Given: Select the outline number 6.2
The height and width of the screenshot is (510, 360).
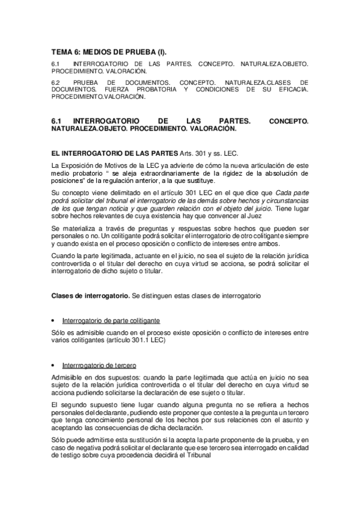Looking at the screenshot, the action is pyautogui.click(x=56, y=82).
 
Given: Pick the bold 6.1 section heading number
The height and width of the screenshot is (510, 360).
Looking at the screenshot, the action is pyautogui.click(x=58, y=121).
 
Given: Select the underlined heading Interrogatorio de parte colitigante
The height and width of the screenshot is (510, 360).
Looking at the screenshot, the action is pyautogui.click(x=111, y=321).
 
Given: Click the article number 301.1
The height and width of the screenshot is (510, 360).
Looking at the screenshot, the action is pyautogui.click(x=144, y=340).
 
